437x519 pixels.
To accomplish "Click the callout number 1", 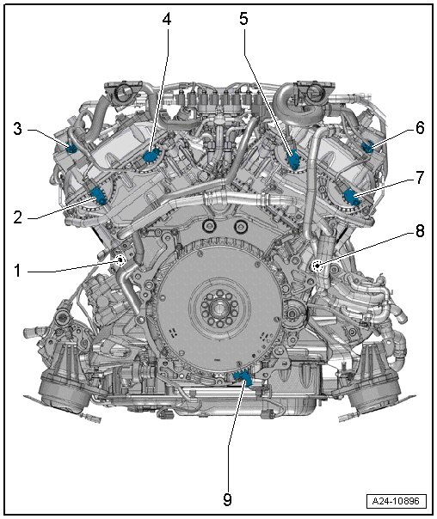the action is click(17, 271).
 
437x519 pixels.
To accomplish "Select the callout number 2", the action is click(17, 217).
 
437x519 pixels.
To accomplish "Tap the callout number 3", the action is click(17, 129).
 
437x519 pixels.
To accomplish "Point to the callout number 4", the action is click(167, 19).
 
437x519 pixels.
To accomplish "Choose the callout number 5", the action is click(243, 19).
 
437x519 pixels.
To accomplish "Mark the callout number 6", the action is click(420, 128).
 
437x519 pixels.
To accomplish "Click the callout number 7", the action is click(420, 178).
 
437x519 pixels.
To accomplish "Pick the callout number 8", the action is click(420, 230).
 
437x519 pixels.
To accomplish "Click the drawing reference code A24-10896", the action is click(396, 501).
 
